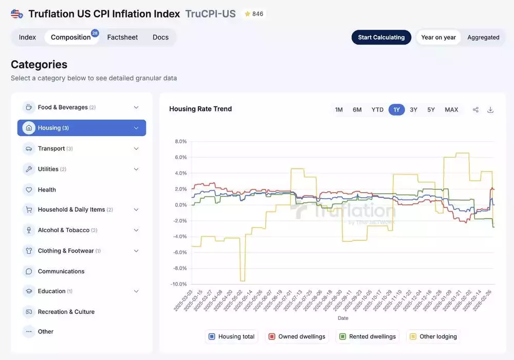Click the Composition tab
71,37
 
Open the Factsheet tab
122,37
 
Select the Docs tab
160,37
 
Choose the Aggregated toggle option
483,37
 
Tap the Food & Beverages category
63,107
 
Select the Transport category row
51,148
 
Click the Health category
47,190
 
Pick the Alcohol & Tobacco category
64,230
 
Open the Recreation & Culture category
66,312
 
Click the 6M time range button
357,110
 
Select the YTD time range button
378,110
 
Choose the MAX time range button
451,110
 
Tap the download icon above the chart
490,110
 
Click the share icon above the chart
475,110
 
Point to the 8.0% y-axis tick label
180,141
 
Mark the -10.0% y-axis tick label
179,284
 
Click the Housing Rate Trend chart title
200,109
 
